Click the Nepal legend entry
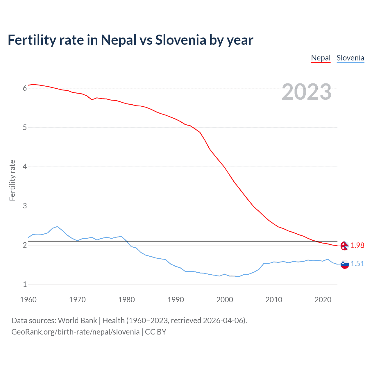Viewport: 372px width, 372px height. tap(321, 58)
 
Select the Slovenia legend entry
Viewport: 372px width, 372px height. tap(350, 58)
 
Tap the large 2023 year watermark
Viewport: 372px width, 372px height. tap(306, 92)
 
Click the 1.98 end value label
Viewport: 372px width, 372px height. tap(357, 246)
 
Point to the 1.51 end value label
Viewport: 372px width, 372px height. tap(357, 264)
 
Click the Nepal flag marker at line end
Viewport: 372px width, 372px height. tap(345, 246)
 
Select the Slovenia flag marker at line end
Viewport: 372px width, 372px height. tap(345, 264)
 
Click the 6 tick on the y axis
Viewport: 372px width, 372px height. tap(25, 88)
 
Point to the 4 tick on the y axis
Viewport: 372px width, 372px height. tap(25, 167)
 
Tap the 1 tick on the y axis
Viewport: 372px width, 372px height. tap(25, 285)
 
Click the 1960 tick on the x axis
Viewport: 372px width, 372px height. tap(28, 300)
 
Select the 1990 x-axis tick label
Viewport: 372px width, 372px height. tap(176, 300)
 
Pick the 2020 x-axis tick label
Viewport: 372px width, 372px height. tap(323, 300)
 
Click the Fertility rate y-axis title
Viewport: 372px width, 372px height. tap(12, 180)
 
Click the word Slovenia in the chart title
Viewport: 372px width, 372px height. tap(180, 40)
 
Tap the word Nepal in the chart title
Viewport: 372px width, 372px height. tap(119, 40)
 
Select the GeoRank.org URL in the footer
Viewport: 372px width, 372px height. tap(75, 332)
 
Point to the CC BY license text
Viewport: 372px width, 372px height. tap(155, 332)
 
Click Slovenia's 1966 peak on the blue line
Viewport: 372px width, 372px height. tap(58, 226)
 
